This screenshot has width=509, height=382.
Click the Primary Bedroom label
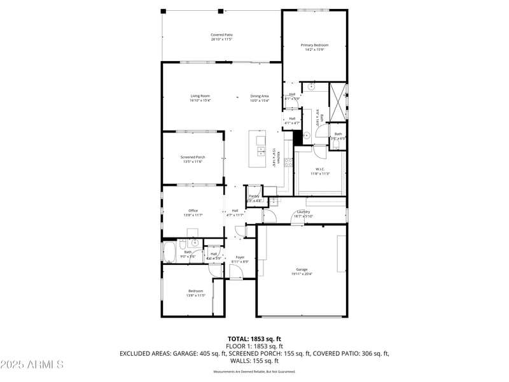314,45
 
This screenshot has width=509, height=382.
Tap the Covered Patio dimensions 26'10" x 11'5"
221,39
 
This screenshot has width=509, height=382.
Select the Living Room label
200,96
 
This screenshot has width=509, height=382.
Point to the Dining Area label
260,96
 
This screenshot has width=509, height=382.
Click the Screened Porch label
192,157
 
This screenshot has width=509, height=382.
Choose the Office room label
193,211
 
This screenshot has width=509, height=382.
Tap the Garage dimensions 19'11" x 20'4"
302,274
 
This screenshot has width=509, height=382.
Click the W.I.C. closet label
319,169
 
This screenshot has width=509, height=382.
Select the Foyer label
240,257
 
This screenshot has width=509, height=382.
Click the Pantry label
254,196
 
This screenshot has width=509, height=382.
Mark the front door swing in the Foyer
235,272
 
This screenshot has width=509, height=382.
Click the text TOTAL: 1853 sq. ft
254,339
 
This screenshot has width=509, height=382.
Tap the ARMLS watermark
32,365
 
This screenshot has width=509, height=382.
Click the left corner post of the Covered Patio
163,11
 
